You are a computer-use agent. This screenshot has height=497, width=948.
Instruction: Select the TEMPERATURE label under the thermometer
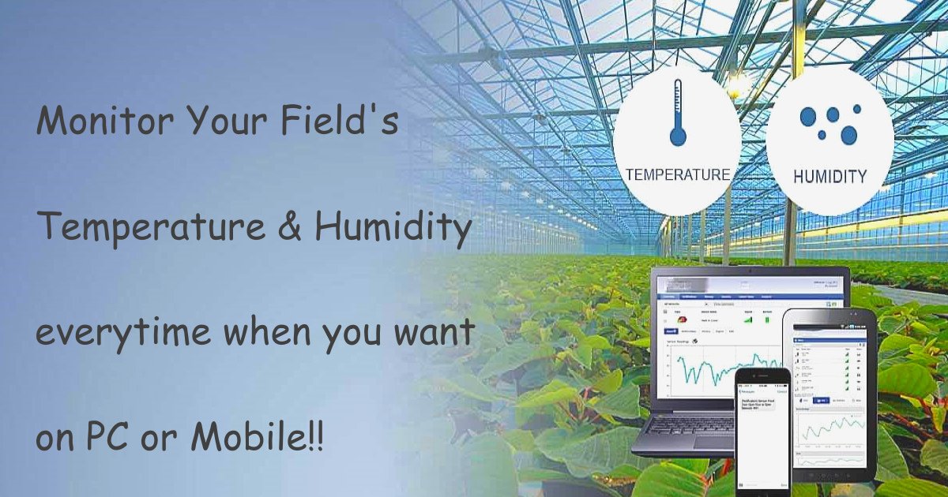(678, 174)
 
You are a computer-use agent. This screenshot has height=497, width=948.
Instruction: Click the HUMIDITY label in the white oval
(829, 176)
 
